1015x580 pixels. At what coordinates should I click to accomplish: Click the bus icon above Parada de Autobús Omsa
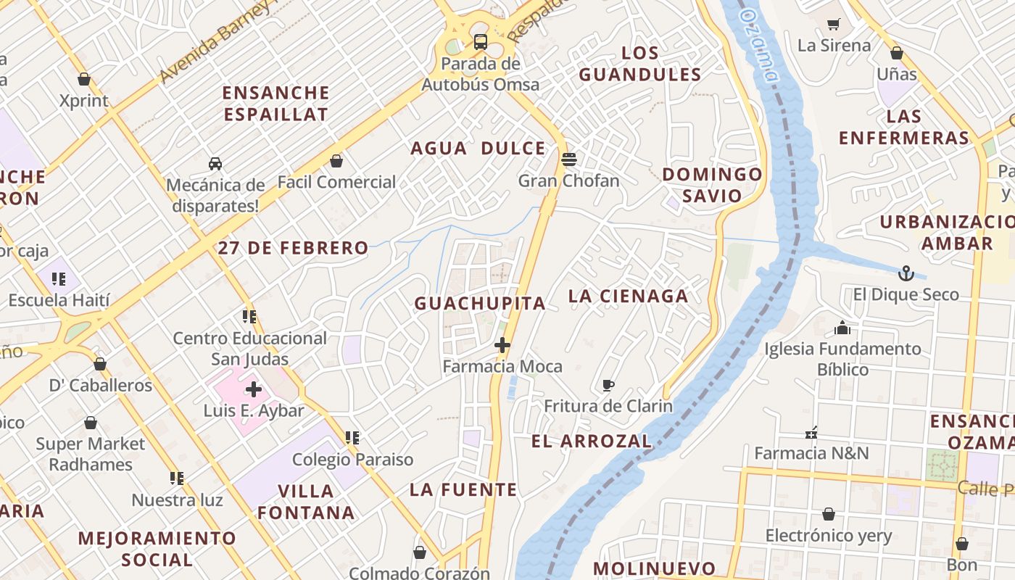(480, 41)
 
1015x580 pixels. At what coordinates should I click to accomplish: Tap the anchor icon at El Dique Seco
(906, 273)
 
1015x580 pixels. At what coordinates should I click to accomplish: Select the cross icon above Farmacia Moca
(502, 345)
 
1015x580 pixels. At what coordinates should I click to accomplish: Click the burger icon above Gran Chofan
(569, 159)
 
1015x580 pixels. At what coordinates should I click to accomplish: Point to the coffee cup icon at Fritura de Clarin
(608, 385)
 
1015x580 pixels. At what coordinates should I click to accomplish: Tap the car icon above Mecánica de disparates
(215, 163)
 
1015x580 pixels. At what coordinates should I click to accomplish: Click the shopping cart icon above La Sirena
(834, 24)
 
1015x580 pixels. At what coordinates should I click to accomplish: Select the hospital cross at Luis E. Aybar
(253, 389)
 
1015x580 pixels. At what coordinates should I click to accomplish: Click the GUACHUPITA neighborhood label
(480, 304)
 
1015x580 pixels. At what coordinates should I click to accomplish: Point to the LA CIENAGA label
(629, 296)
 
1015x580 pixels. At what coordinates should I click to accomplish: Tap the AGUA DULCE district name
(478, 149)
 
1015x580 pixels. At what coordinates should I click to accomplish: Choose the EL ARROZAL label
(592, 441)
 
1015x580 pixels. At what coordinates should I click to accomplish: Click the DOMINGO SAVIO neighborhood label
(712, 185)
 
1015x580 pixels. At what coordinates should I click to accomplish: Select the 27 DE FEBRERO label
(293, 248)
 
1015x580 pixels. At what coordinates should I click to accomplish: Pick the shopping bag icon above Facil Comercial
(336, 160)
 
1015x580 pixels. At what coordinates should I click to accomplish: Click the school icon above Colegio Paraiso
(352, 437)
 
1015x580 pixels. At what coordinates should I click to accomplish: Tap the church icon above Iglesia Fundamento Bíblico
(842, 328)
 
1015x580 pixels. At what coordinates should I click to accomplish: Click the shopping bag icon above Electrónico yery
(829, 514)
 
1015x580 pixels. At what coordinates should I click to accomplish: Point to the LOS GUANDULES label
(640, 64)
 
